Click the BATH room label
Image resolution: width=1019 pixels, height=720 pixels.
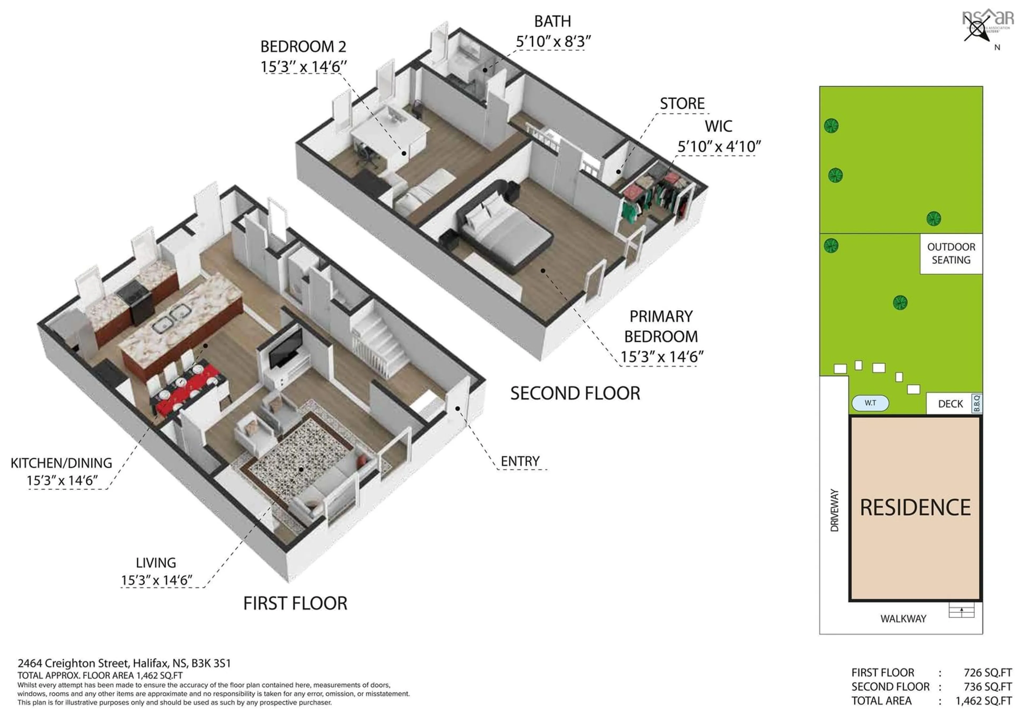coord(552,21)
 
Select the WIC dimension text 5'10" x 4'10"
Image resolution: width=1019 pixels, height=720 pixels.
coord(719,146)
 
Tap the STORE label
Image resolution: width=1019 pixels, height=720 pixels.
coord(682,104)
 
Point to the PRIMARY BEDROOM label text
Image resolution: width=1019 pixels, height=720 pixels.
coord(661,327)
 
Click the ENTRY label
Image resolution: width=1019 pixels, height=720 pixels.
coord(520,461)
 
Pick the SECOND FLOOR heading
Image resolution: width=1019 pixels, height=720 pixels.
coord(575,393)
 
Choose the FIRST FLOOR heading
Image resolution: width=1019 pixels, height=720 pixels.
coord(295,603)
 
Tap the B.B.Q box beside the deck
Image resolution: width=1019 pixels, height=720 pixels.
coord(976,403)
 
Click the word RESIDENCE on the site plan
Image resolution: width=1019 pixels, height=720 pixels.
coord(915,508)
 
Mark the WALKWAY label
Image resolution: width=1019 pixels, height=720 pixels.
coord(903,619)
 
